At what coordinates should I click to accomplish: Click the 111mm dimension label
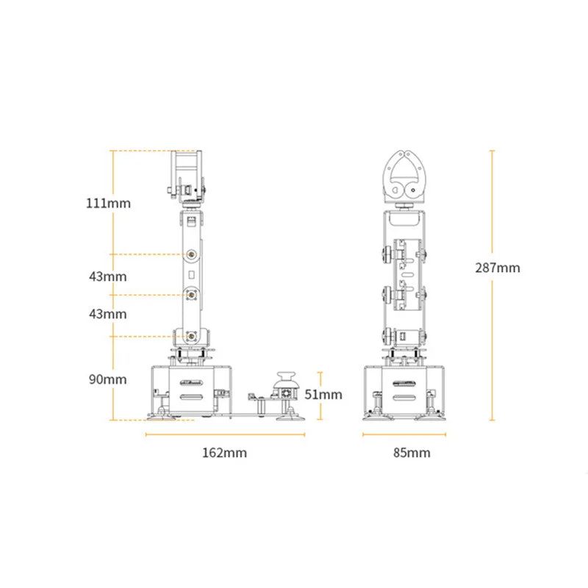tap(108, 204)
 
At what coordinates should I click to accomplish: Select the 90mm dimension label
tap(107, 379)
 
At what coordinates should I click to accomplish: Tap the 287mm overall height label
tap(498, 268)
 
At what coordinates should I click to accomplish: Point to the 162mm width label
tap(225, 453)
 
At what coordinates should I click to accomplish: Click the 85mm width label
tap(412, 453)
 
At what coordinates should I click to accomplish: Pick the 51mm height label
tap(323, 395)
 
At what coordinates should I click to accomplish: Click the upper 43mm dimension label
tap(107, 277)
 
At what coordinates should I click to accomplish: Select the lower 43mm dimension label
tap(107, 314)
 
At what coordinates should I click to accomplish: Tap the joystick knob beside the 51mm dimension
tap(286, 379)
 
